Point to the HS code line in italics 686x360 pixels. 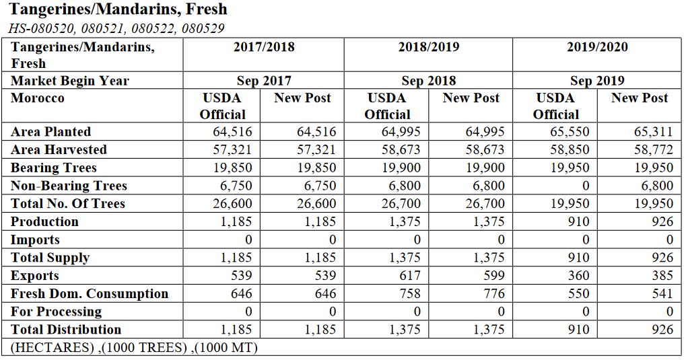[x=116, y=28]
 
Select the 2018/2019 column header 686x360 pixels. [x=428, y=46]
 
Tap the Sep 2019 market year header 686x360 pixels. [x=596, y=81]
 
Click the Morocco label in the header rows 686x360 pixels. [x=38, y=98]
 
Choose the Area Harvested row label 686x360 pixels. [x=59, y=149]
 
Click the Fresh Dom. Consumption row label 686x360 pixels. [x=90, y=293]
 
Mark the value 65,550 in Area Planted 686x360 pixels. [x=570, y=132]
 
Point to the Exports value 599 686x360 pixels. [x=493, y=275]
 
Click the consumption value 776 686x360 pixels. [x=493, y=293]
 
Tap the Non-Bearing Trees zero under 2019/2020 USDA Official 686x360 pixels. [x=584, y=186]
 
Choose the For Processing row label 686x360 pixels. [x=56, y=312]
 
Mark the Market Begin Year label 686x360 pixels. [x=69, y=81]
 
